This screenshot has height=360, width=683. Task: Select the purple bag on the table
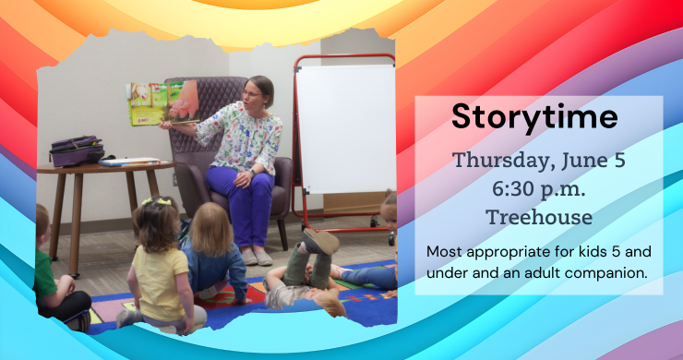[77, 151]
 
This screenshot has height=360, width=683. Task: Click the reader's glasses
[251, 93]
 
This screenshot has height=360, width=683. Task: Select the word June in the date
[579, 160]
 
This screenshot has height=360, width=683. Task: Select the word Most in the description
[444, 251]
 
